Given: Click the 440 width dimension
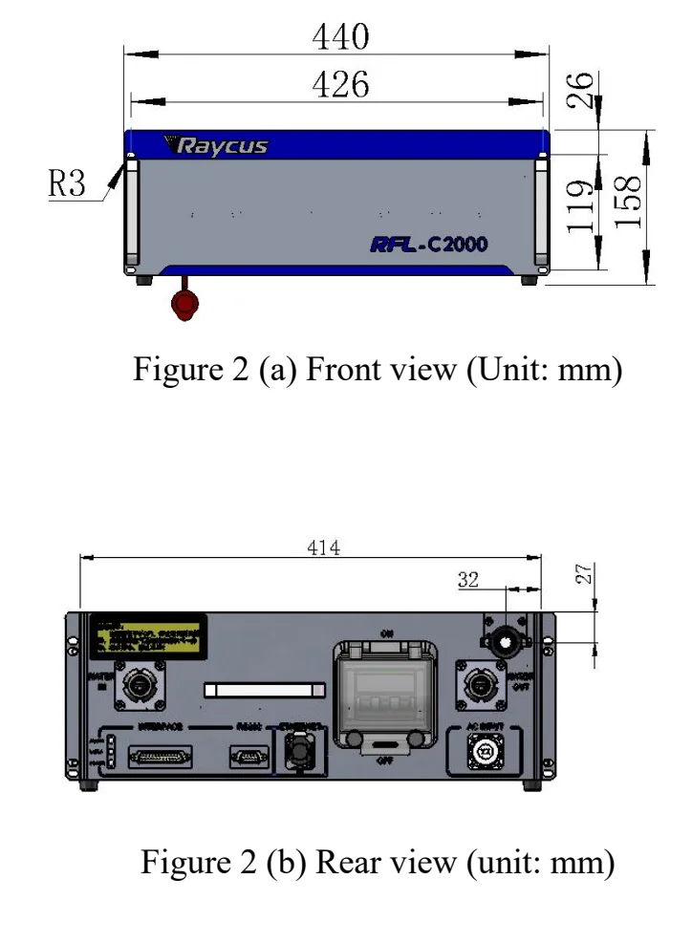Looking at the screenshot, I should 342,38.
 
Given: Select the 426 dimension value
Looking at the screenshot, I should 342,86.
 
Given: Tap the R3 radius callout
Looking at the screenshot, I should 68,184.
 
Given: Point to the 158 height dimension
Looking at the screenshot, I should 628,204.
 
